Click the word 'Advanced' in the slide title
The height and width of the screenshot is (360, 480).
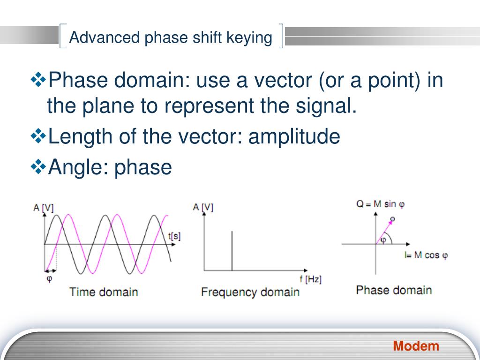105,37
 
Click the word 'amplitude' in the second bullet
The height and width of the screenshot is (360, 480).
294,136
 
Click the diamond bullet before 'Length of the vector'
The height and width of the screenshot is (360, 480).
38,136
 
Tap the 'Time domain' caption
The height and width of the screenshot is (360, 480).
104,292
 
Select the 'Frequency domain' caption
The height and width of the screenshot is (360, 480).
250,292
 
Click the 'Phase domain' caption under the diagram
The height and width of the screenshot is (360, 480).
394,290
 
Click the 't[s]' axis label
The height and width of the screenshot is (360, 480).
174,236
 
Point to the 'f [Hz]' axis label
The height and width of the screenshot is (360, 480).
310,279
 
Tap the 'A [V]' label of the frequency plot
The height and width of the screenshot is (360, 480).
203,207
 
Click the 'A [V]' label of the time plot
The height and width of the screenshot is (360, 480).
44,208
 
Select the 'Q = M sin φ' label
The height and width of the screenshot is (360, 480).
381,204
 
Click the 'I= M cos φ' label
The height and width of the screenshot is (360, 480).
426,255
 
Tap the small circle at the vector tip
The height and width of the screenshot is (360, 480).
393,219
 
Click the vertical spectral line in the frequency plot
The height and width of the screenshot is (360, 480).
232,251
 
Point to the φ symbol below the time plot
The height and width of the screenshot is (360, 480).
49,279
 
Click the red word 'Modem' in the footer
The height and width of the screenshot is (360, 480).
416,346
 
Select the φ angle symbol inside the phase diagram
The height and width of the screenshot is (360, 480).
383,240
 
